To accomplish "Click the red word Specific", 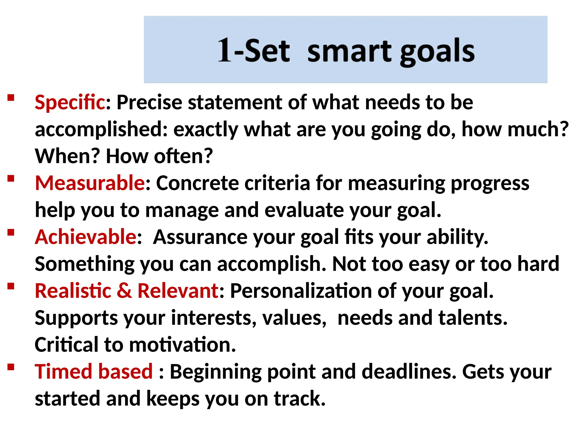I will click(70, 102).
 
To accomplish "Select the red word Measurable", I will click(90, 183).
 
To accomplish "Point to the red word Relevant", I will click(178, 291).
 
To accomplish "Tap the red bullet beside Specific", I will click(11, 98).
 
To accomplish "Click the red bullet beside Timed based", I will click(11, 367).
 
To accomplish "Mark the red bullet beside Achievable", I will click(11, 233).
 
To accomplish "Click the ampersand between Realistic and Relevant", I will click(124, 291).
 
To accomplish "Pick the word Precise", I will click(149, 102).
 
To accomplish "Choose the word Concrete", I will click(198, 183).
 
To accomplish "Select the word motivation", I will click(182, 344).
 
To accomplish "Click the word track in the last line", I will click(299, 398).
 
